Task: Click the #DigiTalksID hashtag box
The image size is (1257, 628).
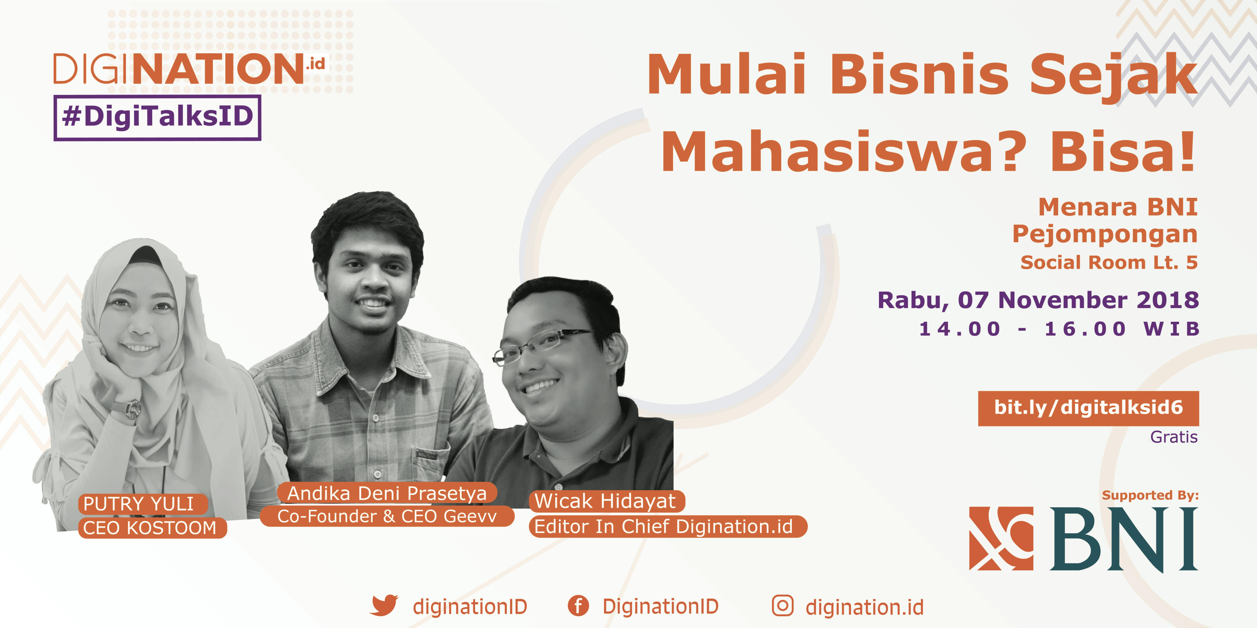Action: pyautogui.click(x=157, y=117)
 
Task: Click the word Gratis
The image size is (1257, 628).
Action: pyautogui.click(x=1173, y=437)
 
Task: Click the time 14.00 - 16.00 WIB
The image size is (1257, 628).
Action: pyautogui.click(x=1059, y=329)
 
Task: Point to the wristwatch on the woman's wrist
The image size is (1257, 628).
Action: pyautogui.click(x=132, y=409)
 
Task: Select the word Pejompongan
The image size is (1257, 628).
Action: pyautogui.click(x=1105, y=235)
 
